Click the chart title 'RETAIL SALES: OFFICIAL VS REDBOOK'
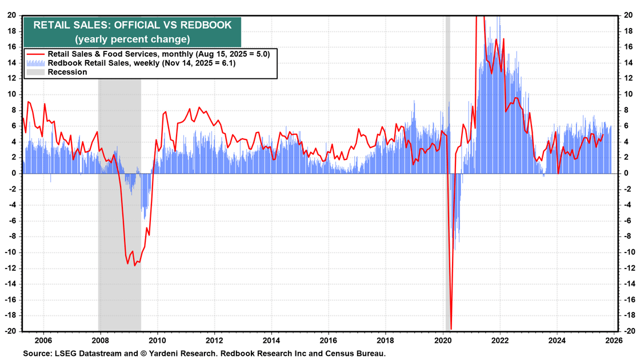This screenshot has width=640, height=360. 132,25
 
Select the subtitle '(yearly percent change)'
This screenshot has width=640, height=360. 132,39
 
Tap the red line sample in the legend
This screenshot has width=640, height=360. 35,54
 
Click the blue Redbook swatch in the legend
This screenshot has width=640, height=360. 35,63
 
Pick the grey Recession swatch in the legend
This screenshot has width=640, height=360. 35,72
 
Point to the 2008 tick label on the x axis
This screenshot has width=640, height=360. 100,338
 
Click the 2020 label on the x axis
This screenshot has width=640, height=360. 443,338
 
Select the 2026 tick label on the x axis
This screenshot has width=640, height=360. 614,338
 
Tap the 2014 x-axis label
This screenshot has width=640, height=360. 271,338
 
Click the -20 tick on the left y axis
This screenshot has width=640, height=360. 11,331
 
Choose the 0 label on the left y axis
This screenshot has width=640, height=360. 14,173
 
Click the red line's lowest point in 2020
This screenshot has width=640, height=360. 451,329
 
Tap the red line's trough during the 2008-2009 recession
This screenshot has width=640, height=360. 135,265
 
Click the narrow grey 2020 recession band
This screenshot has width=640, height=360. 447,114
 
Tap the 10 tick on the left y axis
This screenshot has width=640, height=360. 12,94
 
